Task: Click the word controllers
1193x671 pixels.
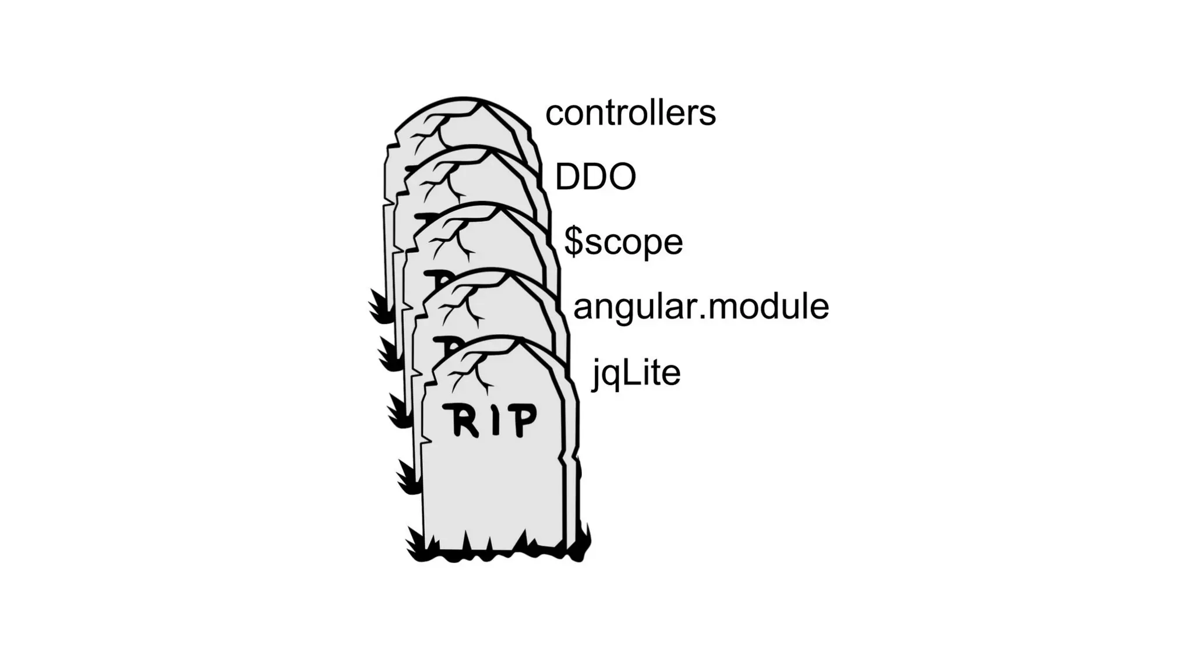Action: [630, 113]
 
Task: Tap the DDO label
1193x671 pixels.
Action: [595, 176]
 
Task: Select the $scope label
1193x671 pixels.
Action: [623, 242]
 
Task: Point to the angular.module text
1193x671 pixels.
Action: [701, 307]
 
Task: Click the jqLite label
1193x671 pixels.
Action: [636, 373]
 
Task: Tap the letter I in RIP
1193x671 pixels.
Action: [495, 420]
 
